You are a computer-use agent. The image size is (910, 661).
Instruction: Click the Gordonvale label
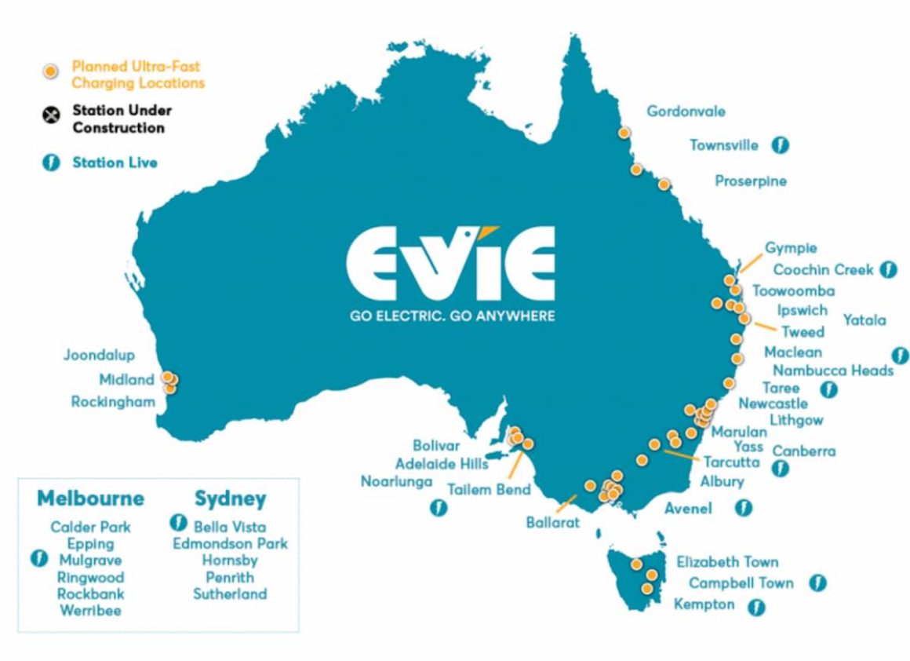(x=686, y=111)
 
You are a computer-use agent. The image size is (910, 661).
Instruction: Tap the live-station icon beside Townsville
(x=780, y=145)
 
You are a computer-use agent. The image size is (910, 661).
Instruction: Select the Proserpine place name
(x=750, y=181)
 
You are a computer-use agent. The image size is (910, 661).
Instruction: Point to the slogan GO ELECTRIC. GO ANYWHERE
(x=451, y=316)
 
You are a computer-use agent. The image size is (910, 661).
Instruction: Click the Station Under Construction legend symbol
(x=51, y=117)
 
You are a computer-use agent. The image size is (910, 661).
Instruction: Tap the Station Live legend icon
(x=51, y=163)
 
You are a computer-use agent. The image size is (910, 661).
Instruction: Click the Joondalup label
(x=99, y=356)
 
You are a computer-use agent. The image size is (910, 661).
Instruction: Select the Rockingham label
(x=113, y=402)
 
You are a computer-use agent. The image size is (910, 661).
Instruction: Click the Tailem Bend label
(x=489, y=489)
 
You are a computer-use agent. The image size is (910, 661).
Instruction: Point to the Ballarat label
(x=553, y=520)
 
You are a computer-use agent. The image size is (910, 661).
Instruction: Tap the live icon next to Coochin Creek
(x=888, y=269)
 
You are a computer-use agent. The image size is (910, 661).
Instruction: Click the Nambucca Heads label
(x=833, y=371)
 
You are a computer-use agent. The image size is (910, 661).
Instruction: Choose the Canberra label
(x=804, y=451)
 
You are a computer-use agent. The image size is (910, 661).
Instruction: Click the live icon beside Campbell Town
(x=818, y=582)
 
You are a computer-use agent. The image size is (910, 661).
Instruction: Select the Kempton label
(x=704, y=604)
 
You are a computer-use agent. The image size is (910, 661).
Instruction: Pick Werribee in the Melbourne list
(x=90, y=610)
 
